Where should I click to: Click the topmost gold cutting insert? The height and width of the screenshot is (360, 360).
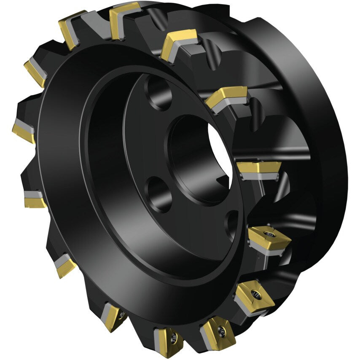click(x=125, y=13)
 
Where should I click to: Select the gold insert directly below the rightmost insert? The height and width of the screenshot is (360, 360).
click(x=253, y=295)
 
